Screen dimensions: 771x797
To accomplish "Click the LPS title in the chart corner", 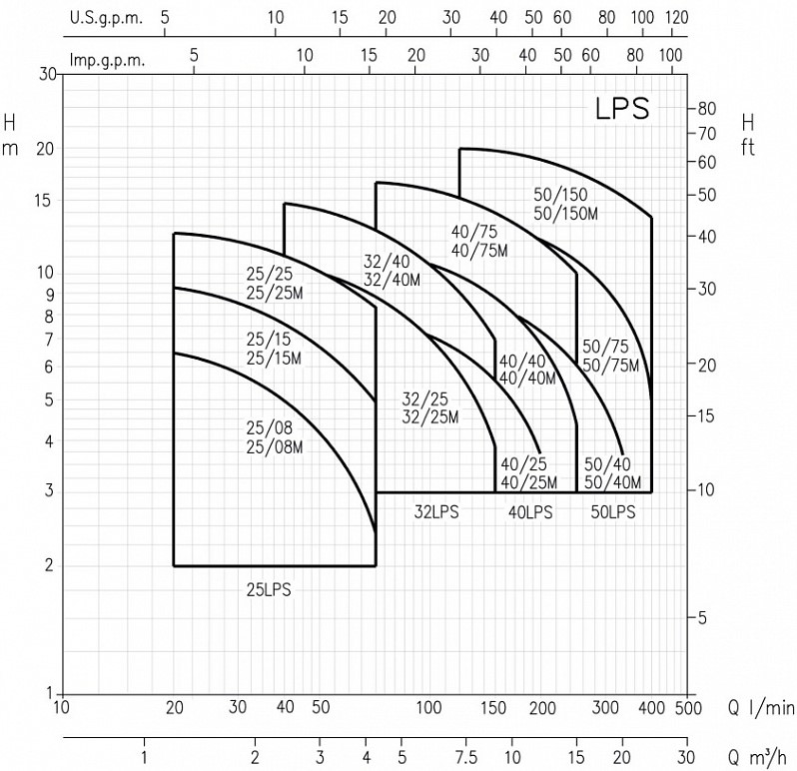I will click(622, 108).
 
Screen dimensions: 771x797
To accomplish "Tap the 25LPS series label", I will click(269, 589).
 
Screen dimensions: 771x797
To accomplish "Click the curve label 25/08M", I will click(274, 446).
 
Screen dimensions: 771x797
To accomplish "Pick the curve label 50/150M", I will click(564, 215).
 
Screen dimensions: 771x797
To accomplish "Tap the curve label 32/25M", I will click(430, 416).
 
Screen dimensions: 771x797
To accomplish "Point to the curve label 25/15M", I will click(274, 359).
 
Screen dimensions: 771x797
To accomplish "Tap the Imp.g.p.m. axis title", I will click(107, 60).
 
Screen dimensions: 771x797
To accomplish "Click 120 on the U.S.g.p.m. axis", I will click(677, 18).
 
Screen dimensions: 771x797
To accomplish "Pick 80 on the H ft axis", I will click(707, 108).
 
